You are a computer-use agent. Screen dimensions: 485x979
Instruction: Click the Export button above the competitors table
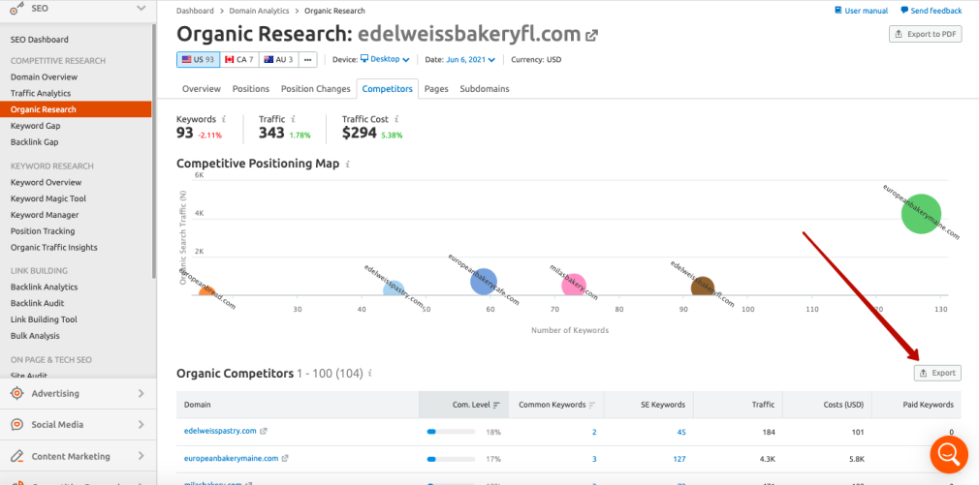(936, 373)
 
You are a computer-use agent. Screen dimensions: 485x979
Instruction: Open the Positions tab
(251, 89)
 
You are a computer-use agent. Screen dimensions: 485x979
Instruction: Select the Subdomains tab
(485, 89)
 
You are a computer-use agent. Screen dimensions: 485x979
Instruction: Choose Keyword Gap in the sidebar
(36, 126)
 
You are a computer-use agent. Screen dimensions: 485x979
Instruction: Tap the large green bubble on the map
(920, 213)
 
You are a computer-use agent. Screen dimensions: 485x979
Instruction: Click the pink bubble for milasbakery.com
(574, 284)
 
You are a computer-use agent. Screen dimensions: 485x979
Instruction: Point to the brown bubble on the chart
(703, 287)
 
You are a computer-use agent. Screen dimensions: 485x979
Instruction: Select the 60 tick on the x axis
(490, 309)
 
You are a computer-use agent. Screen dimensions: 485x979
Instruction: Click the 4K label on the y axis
(199, 213)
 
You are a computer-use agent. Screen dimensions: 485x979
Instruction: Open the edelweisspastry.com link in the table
(220, 431)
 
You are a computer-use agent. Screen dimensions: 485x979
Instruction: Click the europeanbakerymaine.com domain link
(231, 458)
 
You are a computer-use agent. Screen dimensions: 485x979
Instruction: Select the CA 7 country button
(238, 59)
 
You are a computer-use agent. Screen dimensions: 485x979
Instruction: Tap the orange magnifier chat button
(948, 453)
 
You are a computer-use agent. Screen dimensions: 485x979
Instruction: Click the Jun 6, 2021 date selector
(471, 59)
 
